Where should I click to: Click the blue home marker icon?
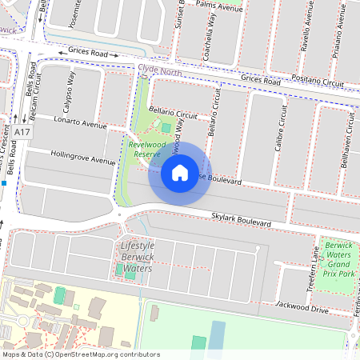pos(180,172)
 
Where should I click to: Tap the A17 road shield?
pos(22,130)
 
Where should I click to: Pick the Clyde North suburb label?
pos(159,70)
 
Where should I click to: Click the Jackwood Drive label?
pos(302,307)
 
